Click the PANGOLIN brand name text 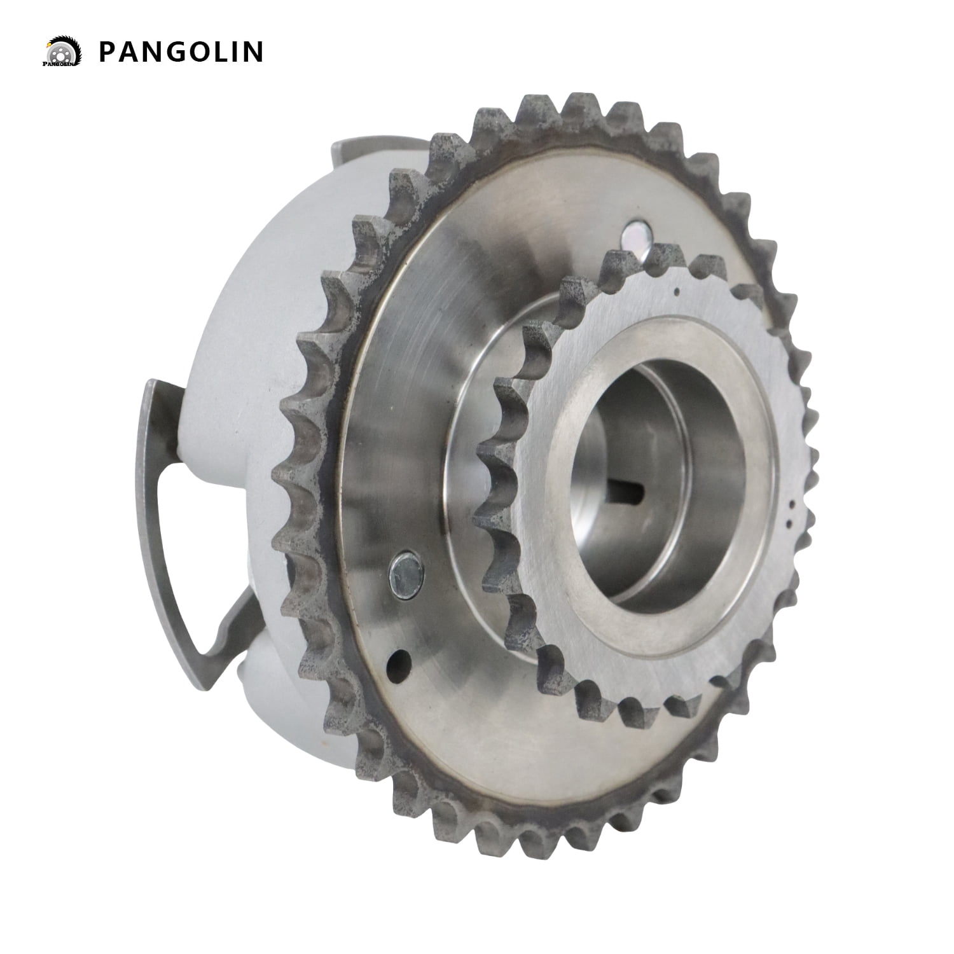coord(181,52)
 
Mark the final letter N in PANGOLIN coord(252,52)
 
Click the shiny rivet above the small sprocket coord(634,235)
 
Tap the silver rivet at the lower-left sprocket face coord(404,568)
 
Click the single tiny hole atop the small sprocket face coord(676,293)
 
